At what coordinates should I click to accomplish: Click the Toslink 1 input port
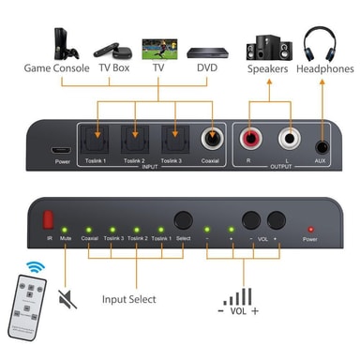pyautogui.click(x=96, y=142)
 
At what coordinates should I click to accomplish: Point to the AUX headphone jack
pyautogui.click(x=323, y=145)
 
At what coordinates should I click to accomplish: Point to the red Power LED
pyautogui.click(x=310, y=228)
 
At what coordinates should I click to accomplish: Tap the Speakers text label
pyautogui.click(x=267, y=68)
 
